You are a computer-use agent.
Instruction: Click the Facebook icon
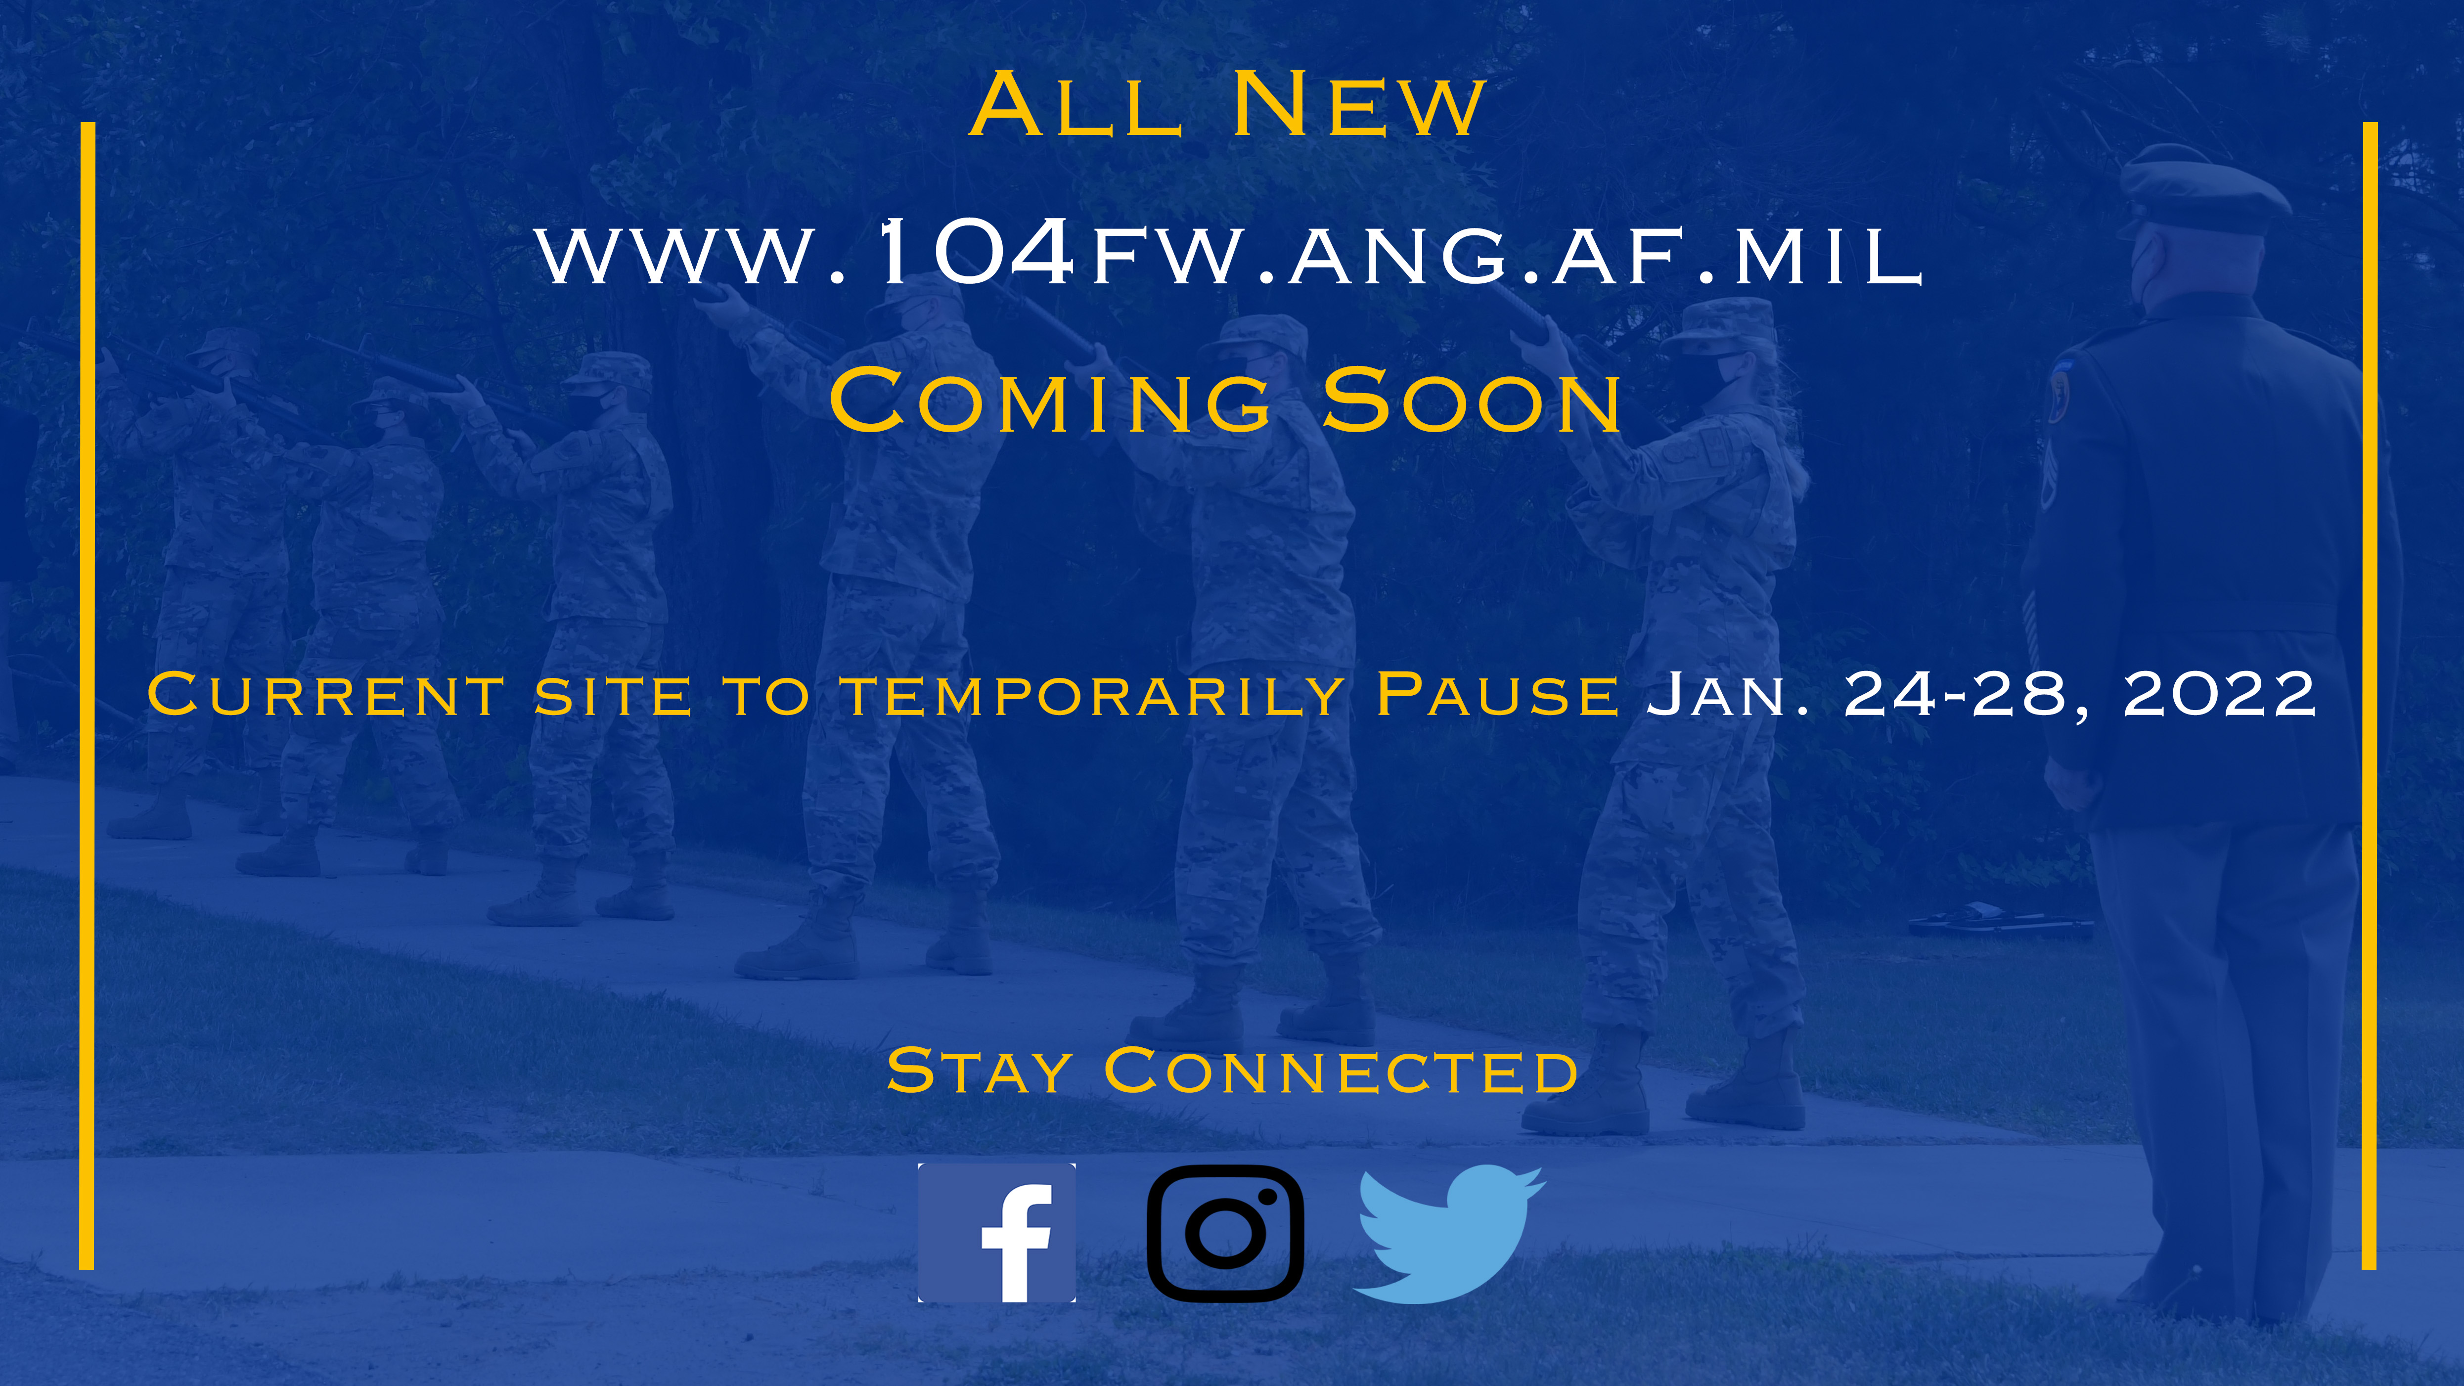click(997, 1233)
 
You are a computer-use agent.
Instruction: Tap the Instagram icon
click(1225, 1233)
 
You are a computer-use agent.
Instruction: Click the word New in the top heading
click(1358, 105)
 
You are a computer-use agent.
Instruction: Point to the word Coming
click(1049, 401)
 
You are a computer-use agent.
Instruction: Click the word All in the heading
click(1076, 105)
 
